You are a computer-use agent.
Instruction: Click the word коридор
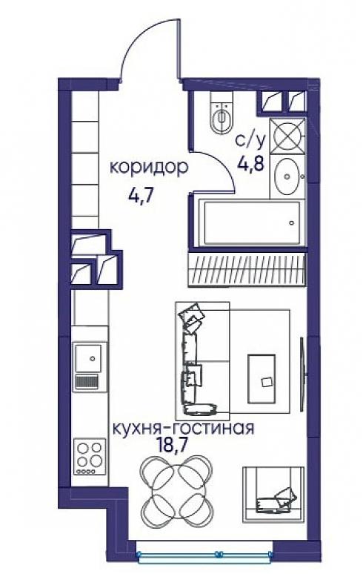click(x=149, y=168)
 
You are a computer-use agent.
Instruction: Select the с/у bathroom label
click(x=250, y=142)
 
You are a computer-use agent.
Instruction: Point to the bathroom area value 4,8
click(x=250, y=163)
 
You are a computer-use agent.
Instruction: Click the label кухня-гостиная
click(x=183, y=429)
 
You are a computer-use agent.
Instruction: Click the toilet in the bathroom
click(x=222, y=112)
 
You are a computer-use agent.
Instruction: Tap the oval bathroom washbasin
click(x=287, y=177)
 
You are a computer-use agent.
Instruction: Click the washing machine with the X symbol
click(x=287, y=137)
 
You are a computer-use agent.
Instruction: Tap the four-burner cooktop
click(x=90, y=457)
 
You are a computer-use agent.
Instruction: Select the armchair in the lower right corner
click(x=273, y=494)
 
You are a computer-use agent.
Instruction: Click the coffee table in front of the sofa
click(x=262, y=378)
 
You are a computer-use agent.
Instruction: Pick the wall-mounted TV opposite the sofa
click(x=302, y=374)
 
